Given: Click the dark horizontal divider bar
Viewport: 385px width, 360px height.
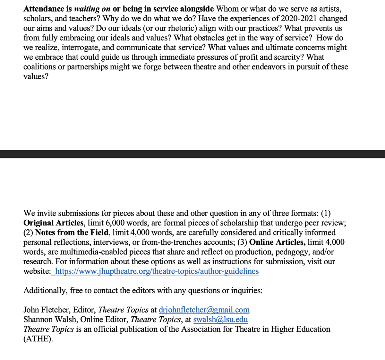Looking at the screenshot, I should (x=193, y=154).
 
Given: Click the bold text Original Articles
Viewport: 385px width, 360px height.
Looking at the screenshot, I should (x=54, y=223).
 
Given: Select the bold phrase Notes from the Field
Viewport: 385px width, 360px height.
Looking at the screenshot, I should (x=72, y=233).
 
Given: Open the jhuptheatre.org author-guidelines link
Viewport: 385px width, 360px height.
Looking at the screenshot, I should (x=157, y=271).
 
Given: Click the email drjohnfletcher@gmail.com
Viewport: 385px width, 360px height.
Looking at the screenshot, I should (x=204, y=310).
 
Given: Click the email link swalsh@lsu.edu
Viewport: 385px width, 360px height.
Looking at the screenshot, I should (x=220, y=320).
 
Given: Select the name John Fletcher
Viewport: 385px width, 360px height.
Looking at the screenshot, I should (x=47, y=310).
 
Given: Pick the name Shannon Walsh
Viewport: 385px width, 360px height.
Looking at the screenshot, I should (x=50, y=320).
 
